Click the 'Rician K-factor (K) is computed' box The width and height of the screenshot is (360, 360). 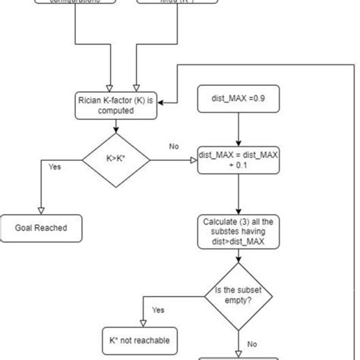tap(115, 104)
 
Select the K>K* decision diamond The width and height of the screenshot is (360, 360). tap(115, 159)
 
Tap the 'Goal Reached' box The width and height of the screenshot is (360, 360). tap(42, 227)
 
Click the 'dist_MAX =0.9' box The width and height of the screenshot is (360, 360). tap(238, 99)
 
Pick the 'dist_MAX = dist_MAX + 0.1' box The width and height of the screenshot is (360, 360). tap(238, 160)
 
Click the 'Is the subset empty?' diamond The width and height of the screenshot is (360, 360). tap(238, 295)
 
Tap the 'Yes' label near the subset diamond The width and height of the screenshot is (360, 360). tap(158, 310)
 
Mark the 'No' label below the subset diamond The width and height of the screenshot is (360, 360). tap(252, 343)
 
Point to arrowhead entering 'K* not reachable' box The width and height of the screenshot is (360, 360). tap(140, 324)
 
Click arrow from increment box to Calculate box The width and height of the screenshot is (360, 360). tap(238, 194)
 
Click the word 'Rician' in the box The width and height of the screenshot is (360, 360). tap(91, 99)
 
